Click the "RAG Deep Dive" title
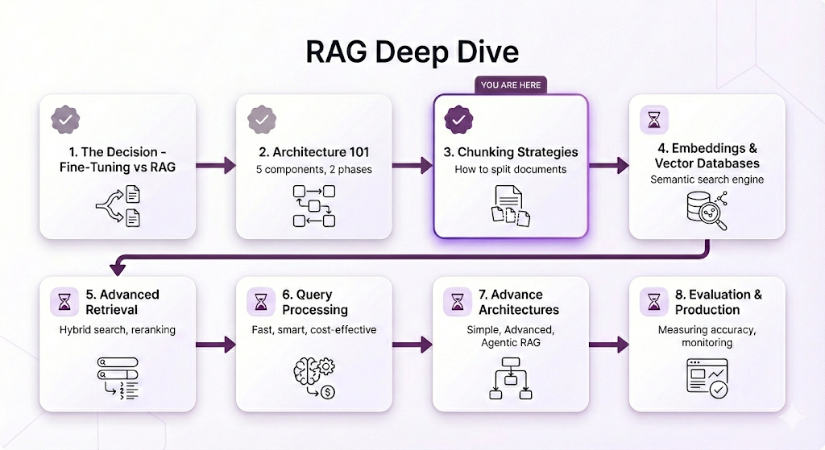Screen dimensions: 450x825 click(x=412, y=52)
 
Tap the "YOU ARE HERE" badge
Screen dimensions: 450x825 click(x=512, y=85)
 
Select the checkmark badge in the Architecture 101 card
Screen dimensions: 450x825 click(x=262, y=120)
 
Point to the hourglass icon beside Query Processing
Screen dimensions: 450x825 click(x=262, y=302)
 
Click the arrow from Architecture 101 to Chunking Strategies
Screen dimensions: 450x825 click(x=412, y=166)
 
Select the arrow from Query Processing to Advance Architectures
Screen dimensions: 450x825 click(x=412, y=345)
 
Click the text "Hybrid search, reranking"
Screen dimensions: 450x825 click(x=117, y=329)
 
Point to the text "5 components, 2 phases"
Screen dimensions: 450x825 click(x=313, y=169)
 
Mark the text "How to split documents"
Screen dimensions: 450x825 click(x=511, y=169)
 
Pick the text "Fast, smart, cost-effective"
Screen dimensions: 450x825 click(x=313, y=329)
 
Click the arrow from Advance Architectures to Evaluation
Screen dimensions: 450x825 click(x=609, y=345)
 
